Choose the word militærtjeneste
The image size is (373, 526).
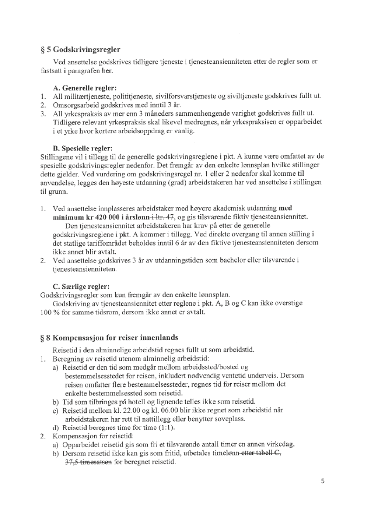tap(87, 96)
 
